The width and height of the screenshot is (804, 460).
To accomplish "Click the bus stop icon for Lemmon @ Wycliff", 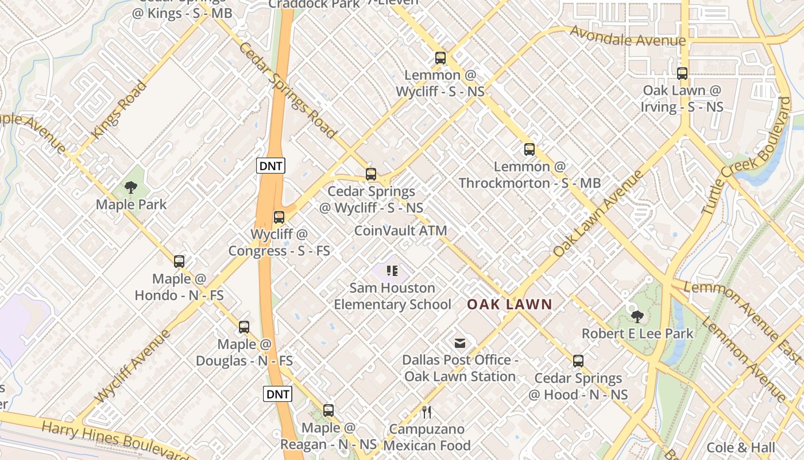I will click(x=440, y=58).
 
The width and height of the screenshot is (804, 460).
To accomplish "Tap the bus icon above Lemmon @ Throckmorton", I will click(x=529, y=149).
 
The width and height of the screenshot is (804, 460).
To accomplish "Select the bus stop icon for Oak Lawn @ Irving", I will click(x=682, y=74).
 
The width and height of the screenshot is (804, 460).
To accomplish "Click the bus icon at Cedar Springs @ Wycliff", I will click(x=371, y=174).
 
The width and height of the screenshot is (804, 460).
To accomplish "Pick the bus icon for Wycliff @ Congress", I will click(x=279, y=217).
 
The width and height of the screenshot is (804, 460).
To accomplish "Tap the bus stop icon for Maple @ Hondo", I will click(x=179, y=262).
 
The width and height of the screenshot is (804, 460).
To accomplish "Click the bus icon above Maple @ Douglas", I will click(x=244, y=327).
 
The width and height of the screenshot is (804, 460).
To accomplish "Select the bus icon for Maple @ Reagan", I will click(x=328, y=411).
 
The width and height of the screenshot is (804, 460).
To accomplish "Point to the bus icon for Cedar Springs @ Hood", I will click(x=578, y=361).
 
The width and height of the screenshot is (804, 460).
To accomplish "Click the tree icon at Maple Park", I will click(x=131, y=187).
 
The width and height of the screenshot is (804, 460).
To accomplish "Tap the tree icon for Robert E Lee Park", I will click(x=637, y=316).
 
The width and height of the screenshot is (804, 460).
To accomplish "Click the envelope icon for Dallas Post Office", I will click(x=460, y=343).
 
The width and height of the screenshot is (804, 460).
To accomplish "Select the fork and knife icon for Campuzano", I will click(x=426, y=412).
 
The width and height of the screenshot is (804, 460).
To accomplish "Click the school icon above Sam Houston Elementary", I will click(x=392, y=270).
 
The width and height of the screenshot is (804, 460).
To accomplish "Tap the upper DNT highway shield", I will click(x=270, y=166).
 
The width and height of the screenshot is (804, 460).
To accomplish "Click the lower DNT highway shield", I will click(x=278, y=394).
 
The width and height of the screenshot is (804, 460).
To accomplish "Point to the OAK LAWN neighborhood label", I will click(x=509, y=305).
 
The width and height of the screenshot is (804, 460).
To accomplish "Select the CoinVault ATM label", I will click(x=400, y=231).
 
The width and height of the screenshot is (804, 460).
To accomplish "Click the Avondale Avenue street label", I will click(x=627, y=37).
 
